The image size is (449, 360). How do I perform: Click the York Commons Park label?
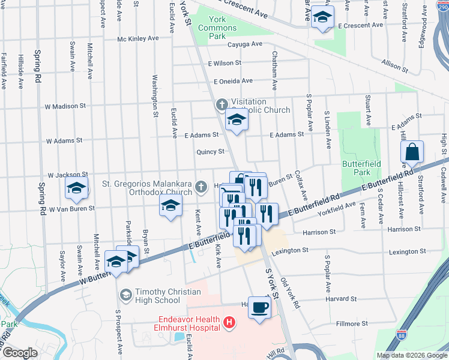click(225, 28)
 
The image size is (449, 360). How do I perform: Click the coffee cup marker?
click(259, 308)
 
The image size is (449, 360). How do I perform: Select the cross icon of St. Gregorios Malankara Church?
click(202, 188)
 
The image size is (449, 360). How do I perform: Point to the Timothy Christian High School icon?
click(126, 295)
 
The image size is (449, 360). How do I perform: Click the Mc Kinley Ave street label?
click(138, 38)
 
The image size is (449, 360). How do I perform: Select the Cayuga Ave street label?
click(244, 44)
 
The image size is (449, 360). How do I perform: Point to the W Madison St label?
click(65, 106)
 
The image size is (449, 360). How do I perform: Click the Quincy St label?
click(210, 152)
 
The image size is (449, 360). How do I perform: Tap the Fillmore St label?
click(348, 324)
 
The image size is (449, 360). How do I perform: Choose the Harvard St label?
click(341, 299)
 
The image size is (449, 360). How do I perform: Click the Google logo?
click(20, 353)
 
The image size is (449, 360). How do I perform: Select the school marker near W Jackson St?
click(77, 188)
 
